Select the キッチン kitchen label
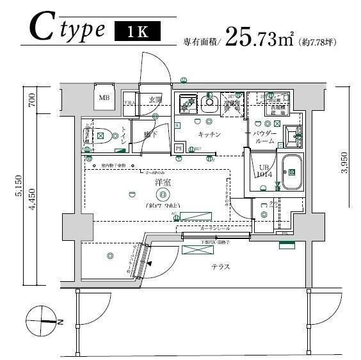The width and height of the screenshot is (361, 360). click(x=209, y=135)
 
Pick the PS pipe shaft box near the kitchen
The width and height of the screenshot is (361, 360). click(x=179, y=148)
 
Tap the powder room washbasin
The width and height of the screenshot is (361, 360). click(x=293, y=134)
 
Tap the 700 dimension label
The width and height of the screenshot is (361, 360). click(x=31, y=100)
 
